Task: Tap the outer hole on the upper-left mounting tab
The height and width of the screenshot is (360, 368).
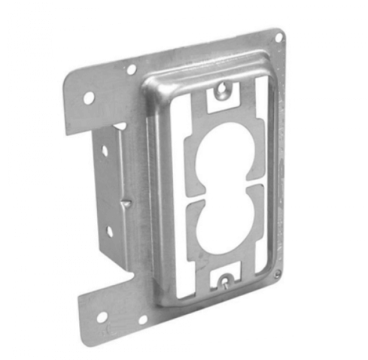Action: click(x=88, y=97)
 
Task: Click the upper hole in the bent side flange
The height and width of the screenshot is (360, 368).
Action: click(x=105, y=150)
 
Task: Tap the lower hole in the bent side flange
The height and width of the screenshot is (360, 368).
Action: click(x=107, y=232)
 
